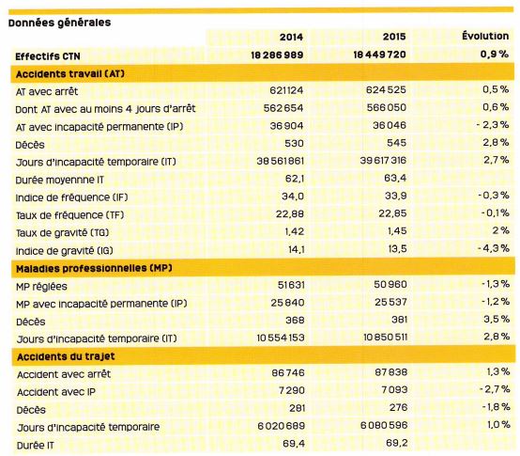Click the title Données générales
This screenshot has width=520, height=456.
(x=60, y=23)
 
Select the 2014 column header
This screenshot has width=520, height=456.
(x=291, y=37)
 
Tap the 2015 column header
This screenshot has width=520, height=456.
(x=394, y=37)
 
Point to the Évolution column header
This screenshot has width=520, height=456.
(x=485, y=36)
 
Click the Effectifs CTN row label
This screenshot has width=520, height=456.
(x=48, y=56)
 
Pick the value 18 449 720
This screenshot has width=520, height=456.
(x=379, y=55)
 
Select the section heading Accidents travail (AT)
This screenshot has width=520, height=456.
(x=70, y=73)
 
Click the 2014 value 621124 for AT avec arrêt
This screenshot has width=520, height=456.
(x=286, y=90)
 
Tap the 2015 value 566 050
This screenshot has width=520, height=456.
(x=387, y=107)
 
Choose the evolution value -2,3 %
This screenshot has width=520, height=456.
(x=493, y=124)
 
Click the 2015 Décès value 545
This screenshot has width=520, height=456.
(x=396, y=143)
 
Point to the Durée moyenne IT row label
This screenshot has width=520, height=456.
(x=60, y=180)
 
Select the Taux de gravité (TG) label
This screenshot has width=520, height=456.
(x=62, y=232)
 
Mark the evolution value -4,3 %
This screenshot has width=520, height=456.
(x=494, y=248)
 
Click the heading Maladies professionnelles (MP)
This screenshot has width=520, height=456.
(x=94, y=268)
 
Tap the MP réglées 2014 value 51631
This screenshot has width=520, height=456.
(x=291, y=285)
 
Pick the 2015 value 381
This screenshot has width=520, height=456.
(x=399, y=320)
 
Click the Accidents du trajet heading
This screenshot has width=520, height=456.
(x=66, y=356)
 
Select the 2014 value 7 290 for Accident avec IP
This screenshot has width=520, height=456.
(x=292, y=390)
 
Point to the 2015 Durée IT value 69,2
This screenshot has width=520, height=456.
(x=397, y=443)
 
